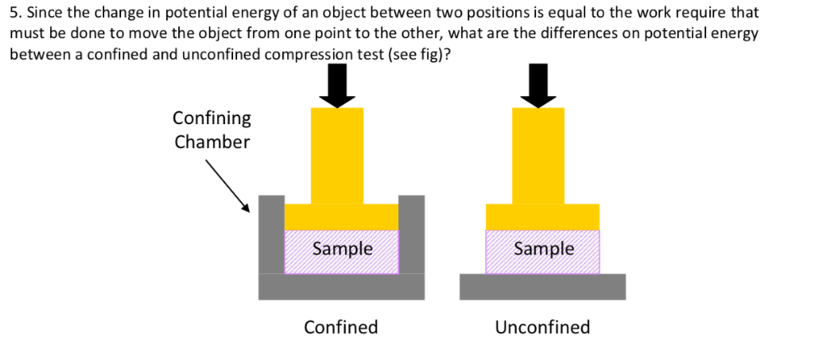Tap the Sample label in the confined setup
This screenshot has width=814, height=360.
(343, 249)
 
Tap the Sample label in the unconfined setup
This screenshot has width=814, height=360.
(544, 249)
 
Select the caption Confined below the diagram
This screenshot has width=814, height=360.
(341, 327)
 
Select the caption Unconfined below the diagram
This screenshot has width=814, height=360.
(542, 327)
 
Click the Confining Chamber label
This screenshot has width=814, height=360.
(211, 130)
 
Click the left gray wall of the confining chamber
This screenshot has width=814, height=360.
(271, 234)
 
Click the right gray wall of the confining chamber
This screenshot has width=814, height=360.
(411, 234)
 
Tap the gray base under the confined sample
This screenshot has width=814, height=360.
(341, 287)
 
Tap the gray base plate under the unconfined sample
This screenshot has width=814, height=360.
(542, 287)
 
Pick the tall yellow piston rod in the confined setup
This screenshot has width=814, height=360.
(337, 155)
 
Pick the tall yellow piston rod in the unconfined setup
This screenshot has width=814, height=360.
(538, 155)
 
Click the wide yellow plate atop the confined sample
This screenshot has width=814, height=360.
(341, 217)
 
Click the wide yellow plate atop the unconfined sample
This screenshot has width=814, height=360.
(542, 217)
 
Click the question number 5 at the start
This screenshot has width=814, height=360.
(14, 14)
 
